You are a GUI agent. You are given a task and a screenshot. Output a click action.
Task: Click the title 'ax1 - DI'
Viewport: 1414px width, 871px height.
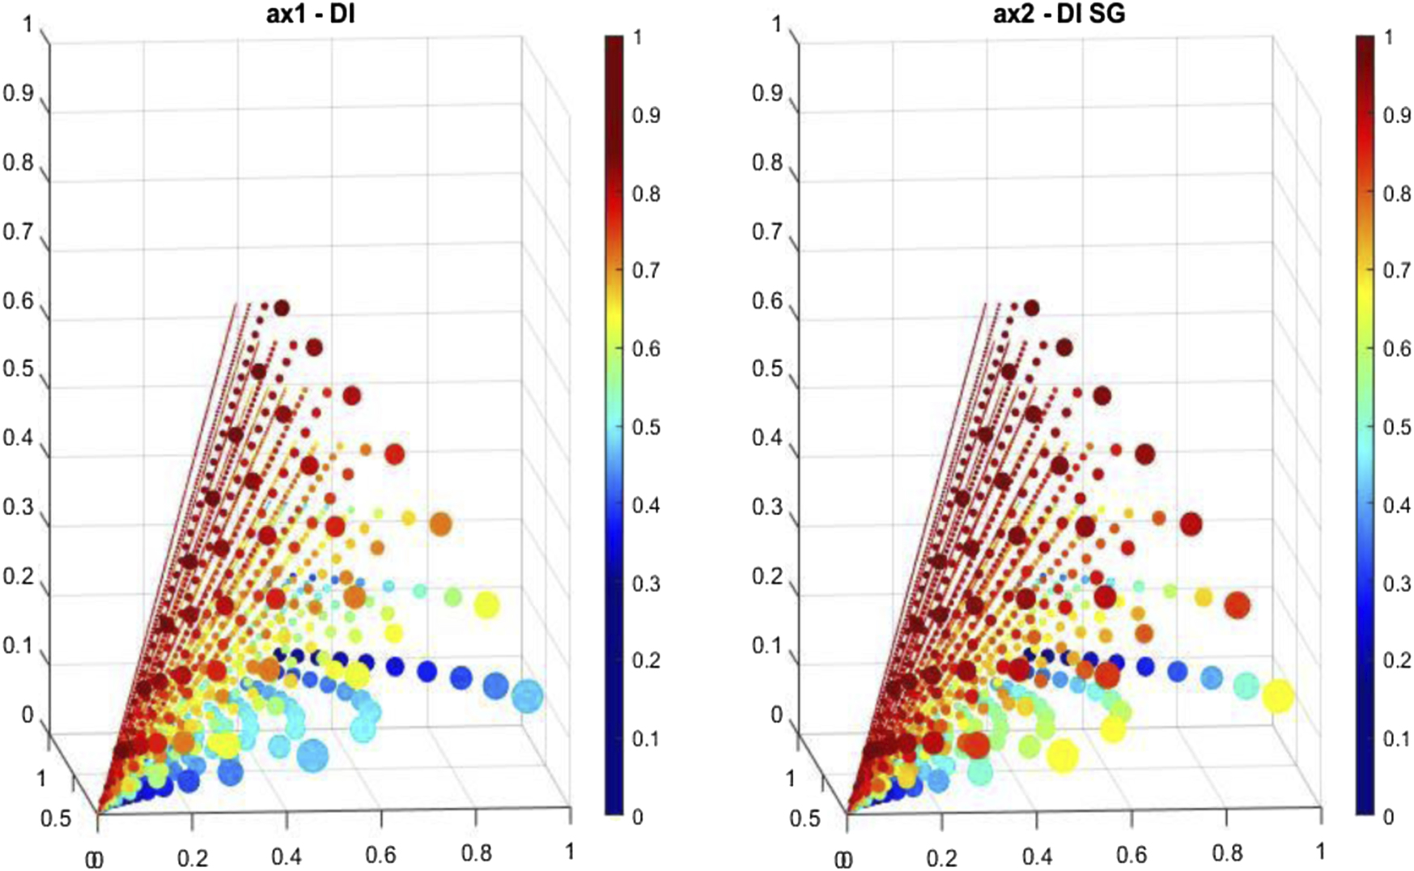coord(311,14)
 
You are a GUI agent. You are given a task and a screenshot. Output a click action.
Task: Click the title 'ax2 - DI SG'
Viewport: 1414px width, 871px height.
coord(1059,14)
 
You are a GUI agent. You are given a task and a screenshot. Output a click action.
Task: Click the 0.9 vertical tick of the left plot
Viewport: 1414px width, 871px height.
coord(18,93)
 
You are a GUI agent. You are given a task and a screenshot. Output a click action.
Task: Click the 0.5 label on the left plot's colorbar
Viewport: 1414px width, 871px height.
coord(645,427)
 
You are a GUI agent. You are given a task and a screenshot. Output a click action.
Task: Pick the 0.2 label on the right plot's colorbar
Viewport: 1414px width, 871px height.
coord(1395,661)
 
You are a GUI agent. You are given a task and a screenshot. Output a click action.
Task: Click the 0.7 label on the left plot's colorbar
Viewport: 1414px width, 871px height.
coord(645,270)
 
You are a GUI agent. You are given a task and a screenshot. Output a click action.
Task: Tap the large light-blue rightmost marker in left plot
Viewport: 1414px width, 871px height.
coord(527,697)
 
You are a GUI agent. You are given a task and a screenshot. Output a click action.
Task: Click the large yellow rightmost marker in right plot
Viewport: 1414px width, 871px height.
coord(1278,696)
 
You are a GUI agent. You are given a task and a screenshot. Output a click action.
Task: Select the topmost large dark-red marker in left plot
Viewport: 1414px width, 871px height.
coord(282,308)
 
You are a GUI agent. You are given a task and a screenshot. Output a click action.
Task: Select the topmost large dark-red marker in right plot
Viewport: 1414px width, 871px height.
coord(1032,308)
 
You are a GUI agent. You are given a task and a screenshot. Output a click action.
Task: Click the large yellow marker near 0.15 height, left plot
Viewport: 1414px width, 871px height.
coord(486,605)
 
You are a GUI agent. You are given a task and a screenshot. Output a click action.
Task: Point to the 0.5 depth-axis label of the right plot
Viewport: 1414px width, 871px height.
coord(805,818)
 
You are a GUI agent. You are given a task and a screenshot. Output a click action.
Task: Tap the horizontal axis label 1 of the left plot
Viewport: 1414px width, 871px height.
coord(569,851)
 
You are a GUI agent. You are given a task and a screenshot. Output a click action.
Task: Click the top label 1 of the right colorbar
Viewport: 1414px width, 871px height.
coord(1389,37)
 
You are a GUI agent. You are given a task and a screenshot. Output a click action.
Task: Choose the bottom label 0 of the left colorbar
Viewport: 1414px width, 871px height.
coord(637,817)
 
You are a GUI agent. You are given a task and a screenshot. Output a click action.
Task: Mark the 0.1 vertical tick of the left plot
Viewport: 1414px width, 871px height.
coord(18,646)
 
